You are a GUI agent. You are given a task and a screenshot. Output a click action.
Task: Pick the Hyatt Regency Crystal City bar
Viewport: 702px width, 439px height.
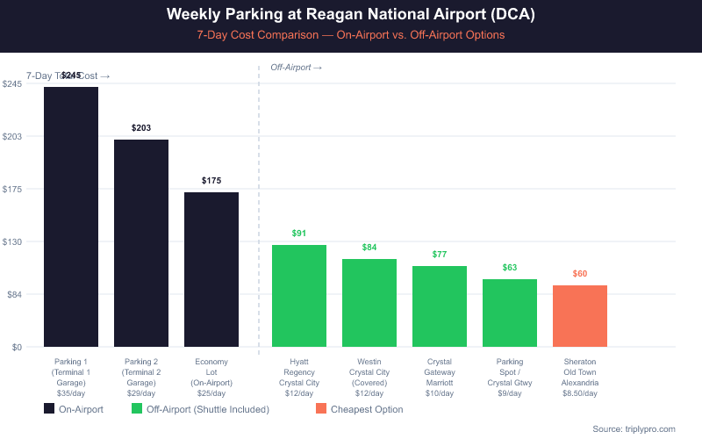(299, 296)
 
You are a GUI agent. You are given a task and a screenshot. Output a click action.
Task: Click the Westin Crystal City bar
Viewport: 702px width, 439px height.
(369, 303)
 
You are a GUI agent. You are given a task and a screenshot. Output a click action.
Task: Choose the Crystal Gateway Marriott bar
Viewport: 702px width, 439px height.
(440, 306)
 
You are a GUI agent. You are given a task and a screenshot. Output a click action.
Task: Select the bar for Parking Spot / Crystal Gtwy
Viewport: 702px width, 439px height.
(510, 313)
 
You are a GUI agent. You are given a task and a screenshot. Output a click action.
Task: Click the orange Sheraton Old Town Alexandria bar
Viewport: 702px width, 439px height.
(580, 316)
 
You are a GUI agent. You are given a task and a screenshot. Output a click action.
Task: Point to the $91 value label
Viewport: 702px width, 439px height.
(299, 234)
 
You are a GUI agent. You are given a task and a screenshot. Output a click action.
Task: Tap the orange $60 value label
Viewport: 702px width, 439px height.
(580, 274)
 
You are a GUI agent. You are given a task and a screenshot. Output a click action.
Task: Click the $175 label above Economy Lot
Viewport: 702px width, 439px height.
(211, 181)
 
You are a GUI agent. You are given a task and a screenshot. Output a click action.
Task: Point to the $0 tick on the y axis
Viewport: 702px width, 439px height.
(17, 347)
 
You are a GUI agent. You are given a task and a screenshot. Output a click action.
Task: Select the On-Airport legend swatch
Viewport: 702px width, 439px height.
(49, 409)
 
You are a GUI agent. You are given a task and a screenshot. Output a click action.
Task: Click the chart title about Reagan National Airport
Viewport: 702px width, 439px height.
(351, 16)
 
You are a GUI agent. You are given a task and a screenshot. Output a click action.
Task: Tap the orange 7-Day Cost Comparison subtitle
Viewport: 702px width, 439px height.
(351, 36)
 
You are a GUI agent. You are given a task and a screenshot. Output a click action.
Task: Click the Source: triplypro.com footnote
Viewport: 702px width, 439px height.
(634, 428)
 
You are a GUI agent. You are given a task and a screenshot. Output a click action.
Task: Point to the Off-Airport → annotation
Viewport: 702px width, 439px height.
(296, 68)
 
